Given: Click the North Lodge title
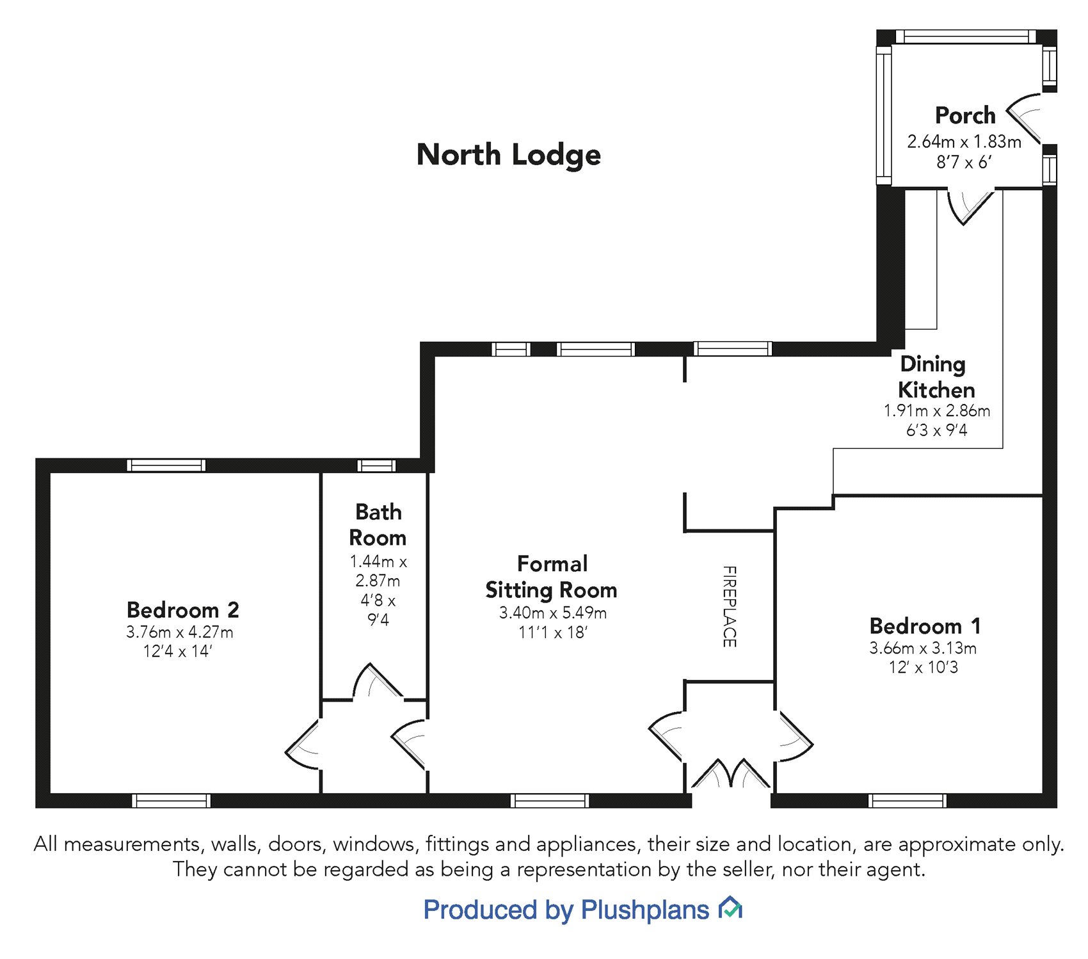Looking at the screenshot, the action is pyautogui.click(x=509, y=155).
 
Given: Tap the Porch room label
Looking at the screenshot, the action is pyautogui.click(x=965, y=116).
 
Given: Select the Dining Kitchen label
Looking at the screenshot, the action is pyautogui.click(x=936, y=377).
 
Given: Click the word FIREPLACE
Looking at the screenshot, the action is pyautogui.click(x=729, y=606).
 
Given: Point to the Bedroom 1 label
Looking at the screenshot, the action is pyautogui.click(x=925, y=625).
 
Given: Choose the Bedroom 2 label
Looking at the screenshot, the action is pyautogui.click(x=182, y=609).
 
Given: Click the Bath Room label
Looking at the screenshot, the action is pyautogui.click(x=378, y=525).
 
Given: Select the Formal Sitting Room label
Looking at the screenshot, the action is pyautogui.click(x=552, y=577).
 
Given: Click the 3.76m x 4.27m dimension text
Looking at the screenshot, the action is pyautogui.click(x=180, y=633).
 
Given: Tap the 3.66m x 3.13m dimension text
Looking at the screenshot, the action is pyautogui.click(x=923, y=649).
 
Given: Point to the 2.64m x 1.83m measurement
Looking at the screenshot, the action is pyautogui.click(x=964, y=141).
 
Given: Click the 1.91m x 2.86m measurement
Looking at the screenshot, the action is pyautogui.click(x=937, y=411).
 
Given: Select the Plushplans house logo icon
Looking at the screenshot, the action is pyautogui.click(x=730, y=908).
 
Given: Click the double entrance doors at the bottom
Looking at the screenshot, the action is pyautogui.click(x=731, y=776).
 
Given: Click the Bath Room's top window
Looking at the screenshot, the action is pyautogui.click(x=376, y=465).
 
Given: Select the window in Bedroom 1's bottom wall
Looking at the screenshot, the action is pyautogui.click(x=907, y=800).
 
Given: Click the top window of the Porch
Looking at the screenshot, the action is pyautogui.click(x=965, y=36).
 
